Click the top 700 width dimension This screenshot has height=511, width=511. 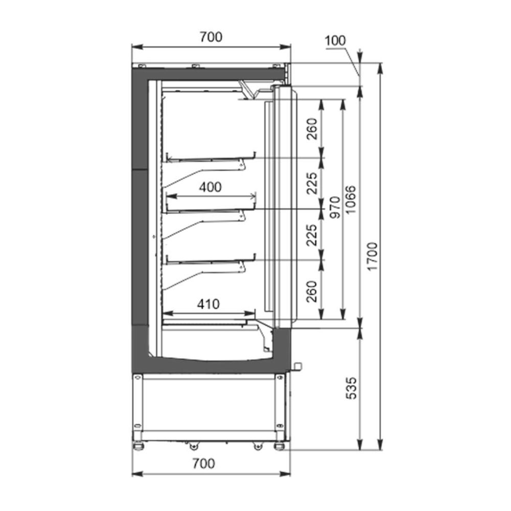click(211, 37)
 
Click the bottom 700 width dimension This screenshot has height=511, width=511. click(204, 463)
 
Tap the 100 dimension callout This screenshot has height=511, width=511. click(335, 41)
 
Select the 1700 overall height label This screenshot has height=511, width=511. click(372, 256)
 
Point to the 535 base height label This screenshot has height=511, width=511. click(352, 388)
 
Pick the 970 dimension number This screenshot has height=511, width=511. click(335, 207)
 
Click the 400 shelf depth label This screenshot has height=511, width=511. click(211, 187)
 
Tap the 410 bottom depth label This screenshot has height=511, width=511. click(208, 304)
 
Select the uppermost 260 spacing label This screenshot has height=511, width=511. click(312, 129)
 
